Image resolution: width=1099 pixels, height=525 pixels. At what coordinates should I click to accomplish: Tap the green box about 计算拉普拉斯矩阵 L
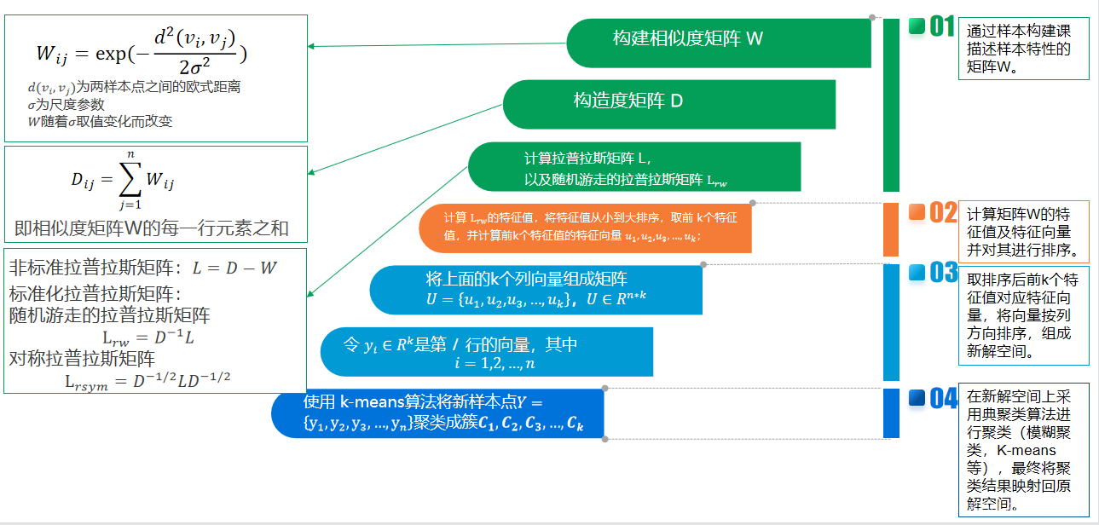634,166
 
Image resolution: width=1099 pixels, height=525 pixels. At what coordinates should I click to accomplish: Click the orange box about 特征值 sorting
585,228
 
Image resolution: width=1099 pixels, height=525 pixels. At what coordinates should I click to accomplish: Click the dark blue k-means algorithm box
437,413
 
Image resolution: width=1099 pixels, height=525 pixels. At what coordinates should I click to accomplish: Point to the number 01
941,27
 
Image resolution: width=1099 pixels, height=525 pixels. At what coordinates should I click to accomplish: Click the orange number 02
943,213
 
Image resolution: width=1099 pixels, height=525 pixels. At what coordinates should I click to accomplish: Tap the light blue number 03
943,274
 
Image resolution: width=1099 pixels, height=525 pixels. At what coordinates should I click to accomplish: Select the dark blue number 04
943,399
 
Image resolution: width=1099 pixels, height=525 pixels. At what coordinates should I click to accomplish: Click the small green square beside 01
917,26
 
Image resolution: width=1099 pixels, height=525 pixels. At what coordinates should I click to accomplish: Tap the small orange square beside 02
917,212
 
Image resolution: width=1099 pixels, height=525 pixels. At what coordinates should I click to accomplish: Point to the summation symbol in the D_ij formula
129,180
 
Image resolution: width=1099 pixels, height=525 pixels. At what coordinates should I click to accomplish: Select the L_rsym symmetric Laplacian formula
148,380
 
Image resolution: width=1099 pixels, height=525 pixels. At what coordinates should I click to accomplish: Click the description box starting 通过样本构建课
1023,49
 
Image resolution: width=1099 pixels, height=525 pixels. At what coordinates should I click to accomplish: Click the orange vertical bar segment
891,228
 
